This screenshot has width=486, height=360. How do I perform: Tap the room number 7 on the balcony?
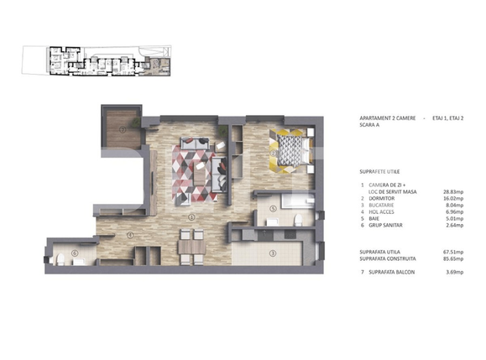pyautogui.click(x=123, y=131)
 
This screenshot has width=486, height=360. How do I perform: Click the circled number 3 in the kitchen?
pyautogui.click(x=273, y=252)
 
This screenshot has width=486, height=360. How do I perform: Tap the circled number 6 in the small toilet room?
pyautogui.click(x=75, y=253)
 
